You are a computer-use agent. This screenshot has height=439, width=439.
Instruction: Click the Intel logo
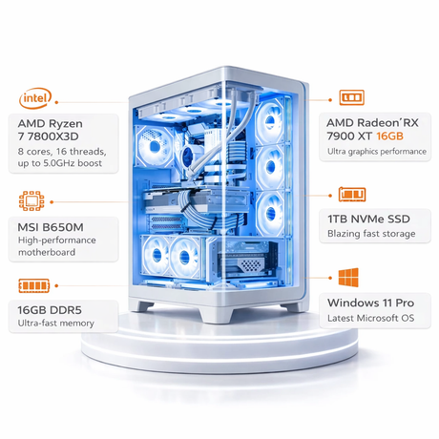pos(35,98)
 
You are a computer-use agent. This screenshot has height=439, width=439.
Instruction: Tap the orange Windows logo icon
pos(348,277)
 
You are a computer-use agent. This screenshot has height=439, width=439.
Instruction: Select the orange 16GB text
pos(389,136)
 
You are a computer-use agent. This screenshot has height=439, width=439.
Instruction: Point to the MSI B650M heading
pos(51,227)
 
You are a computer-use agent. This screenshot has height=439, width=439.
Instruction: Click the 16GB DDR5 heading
pos(50,310)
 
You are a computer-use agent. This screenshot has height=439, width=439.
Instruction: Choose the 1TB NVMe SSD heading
pos(368,219)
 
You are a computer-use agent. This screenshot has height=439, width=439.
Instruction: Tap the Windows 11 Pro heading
pos(370,303)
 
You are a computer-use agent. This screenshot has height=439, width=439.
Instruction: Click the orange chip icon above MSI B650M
pos(31,201)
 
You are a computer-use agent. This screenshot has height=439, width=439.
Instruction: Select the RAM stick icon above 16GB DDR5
pos(34,285)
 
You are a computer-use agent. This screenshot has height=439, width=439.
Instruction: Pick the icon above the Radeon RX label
pos(351,97)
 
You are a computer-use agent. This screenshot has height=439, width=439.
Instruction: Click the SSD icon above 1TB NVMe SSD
pos(352,195)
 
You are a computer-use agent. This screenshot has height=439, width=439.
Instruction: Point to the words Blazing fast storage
pos(371,234)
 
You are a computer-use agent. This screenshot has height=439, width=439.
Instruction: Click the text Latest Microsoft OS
pos(371,318)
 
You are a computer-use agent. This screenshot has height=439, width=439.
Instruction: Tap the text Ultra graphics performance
pos(377,152)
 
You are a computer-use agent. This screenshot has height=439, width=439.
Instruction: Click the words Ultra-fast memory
pos(56,324)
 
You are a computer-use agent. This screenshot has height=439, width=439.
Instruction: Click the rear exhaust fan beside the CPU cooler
pos(155,146)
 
